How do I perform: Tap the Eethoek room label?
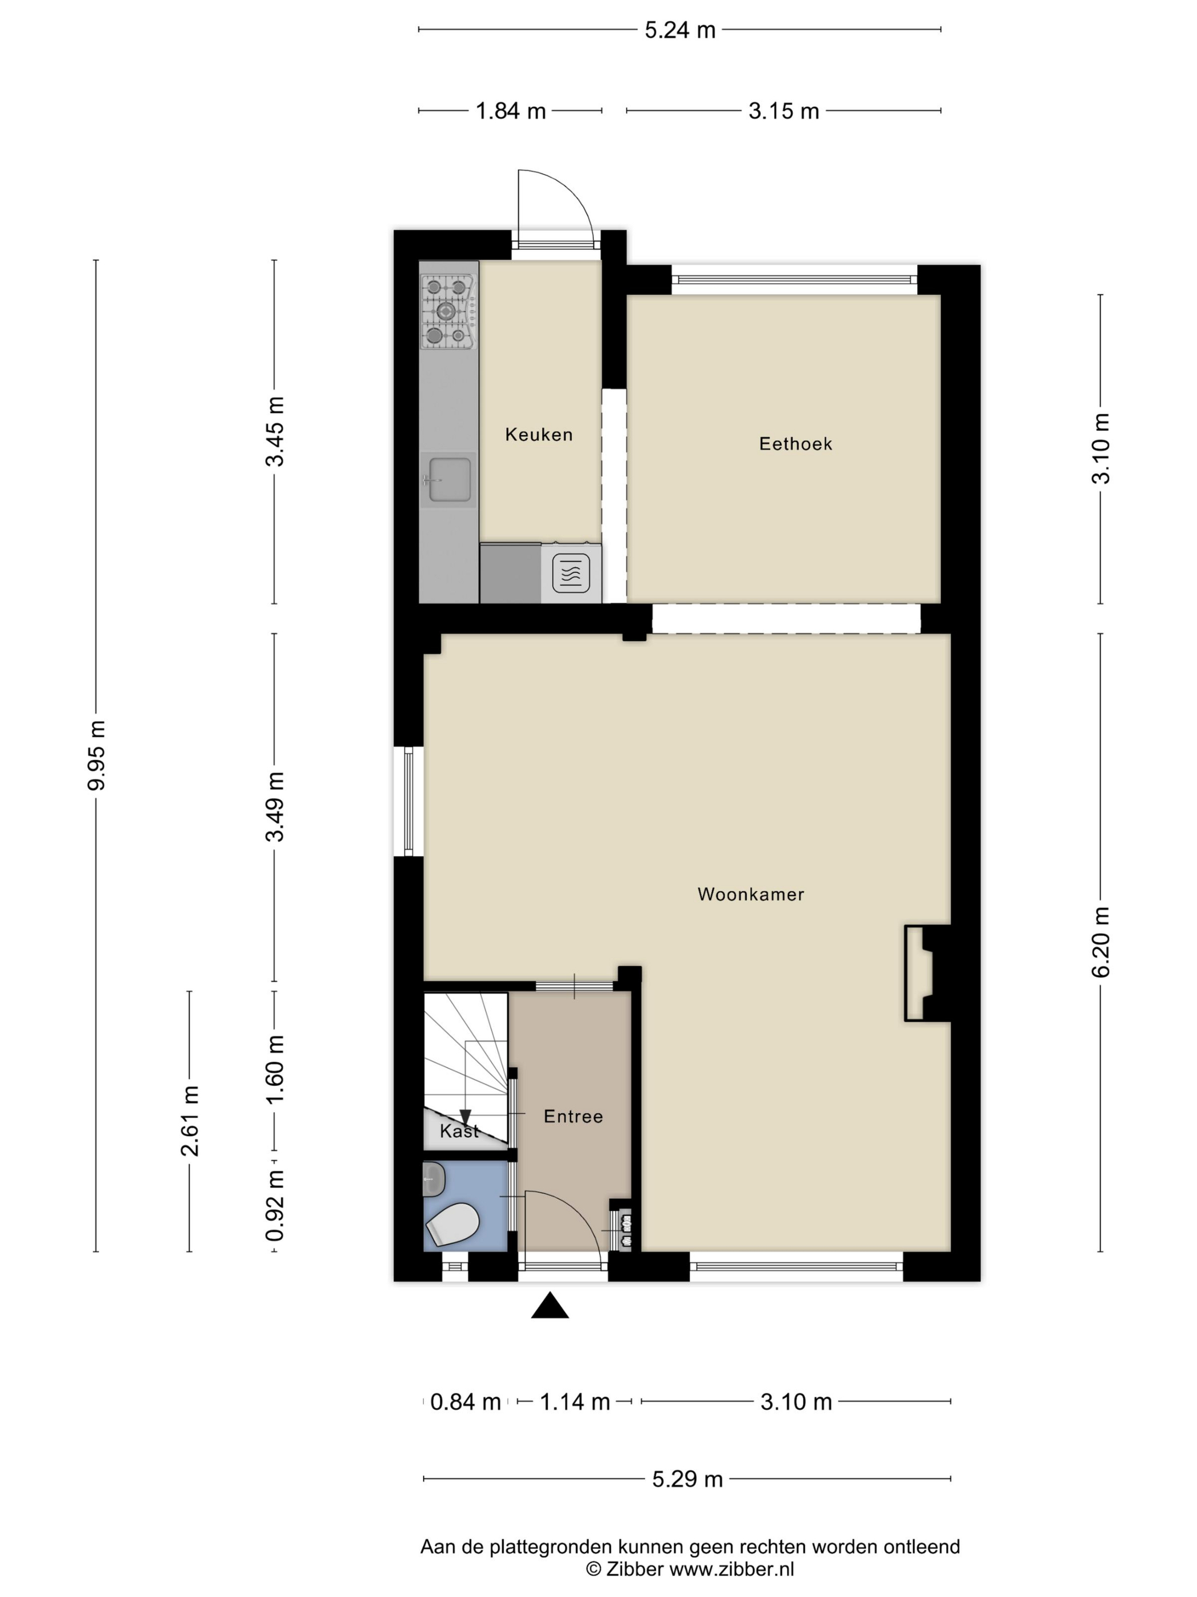[x=795, y=443]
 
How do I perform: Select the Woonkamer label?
[x=750, y=894]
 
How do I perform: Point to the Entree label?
[x=573, y=1116]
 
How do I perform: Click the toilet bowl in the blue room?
[x=453, y=1225]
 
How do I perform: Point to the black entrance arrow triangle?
[x=550, y=1306]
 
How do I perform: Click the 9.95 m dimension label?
[x=96, y=755]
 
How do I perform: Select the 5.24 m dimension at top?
[x=679, y=30]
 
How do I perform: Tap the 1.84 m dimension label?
[x=510, y=111]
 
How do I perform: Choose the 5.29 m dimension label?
[x=687, y=1480]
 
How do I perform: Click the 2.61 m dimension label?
[x=190, y=1121]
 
